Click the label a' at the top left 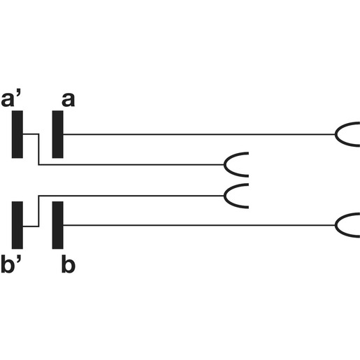(x=11, y=99)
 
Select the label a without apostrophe (x=68, y=100)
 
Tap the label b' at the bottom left (x=11, y=264)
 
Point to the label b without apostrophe (x=69, y=264)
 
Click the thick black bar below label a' (x=17, y=134)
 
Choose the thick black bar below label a (x=57, y=134)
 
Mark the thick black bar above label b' (x=17, y=225)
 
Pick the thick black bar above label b (x=57, y=225)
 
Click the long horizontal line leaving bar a (x=199, y=134)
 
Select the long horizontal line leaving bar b (x=199, y=225)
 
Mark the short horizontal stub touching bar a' (x=31, y=134)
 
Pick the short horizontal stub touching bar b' (x=31, y=226)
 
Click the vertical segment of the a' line (x=38, y=150)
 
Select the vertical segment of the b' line (x=38, y=211)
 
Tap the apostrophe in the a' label (x=18, y=95)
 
